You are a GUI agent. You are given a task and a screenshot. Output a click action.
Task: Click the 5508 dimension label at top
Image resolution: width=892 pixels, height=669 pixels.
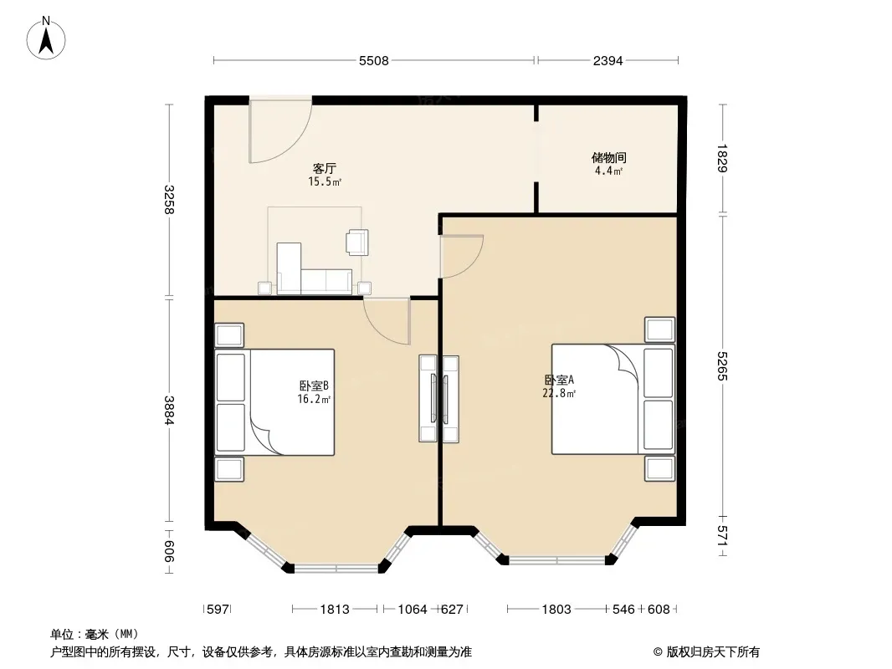point(374,60)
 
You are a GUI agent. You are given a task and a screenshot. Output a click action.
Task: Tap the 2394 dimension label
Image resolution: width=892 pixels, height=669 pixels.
point(608,60)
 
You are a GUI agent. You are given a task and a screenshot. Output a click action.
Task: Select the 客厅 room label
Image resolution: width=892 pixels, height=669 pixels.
point(325,168)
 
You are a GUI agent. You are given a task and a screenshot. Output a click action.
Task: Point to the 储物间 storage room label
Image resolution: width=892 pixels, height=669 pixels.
point(608,157)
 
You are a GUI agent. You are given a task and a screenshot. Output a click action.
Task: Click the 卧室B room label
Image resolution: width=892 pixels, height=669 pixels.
point(314,386)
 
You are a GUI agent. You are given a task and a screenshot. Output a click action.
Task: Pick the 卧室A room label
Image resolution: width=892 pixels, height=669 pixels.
point(559,380)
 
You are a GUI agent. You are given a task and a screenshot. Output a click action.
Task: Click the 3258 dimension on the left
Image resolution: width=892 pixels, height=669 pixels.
point(168,200)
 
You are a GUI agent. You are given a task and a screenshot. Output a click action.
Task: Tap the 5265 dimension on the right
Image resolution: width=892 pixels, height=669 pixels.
point(722,366)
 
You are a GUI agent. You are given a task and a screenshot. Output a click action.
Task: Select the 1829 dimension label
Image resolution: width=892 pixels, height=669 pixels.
point(722,159)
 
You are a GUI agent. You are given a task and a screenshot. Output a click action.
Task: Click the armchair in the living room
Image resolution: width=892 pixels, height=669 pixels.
point(357,242)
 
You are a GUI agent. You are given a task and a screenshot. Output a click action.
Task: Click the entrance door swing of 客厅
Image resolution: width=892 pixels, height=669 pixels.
point(279,130)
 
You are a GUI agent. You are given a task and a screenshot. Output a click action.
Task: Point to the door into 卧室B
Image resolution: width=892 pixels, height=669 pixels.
point(387,320)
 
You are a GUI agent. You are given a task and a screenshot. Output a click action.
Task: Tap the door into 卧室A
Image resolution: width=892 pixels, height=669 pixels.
point(461,257)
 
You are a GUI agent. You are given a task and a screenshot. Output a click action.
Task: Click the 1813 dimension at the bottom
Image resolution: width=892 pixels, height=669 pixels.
point(335,610)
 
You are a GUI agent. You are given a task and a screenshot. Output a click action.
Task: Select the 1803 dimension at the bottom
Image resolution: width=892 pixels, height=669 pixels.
point(556,610)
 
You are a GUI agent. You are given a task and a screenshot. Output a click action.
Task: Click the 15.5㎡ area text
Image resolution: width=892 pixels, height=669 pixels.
point(325,182)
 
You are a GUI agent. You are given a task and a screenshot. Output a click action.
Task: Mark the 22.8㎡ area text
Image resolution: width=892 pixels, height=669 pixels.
point(559,393)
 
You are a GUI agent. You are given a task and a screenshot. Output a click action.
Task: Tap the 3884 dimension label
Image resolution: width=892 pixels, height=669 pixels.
point(168,410)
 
